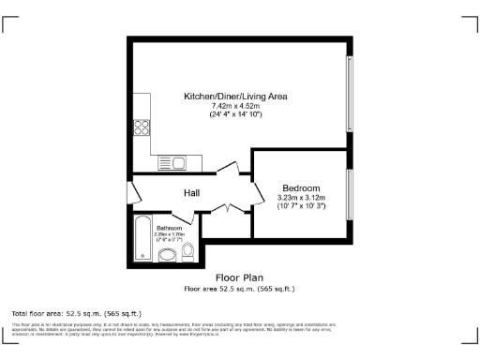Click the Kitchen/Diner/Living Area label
235,97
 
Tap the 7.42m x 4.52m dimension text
235,106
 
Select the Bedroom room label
301,187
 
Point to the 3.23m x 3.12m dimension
301,197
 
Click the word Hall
191,192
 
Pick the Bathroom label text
169,228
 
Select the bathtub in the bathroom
142,239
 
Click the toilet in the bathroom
187,250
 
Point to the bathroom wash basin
167,254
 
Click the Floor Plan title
239,277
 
